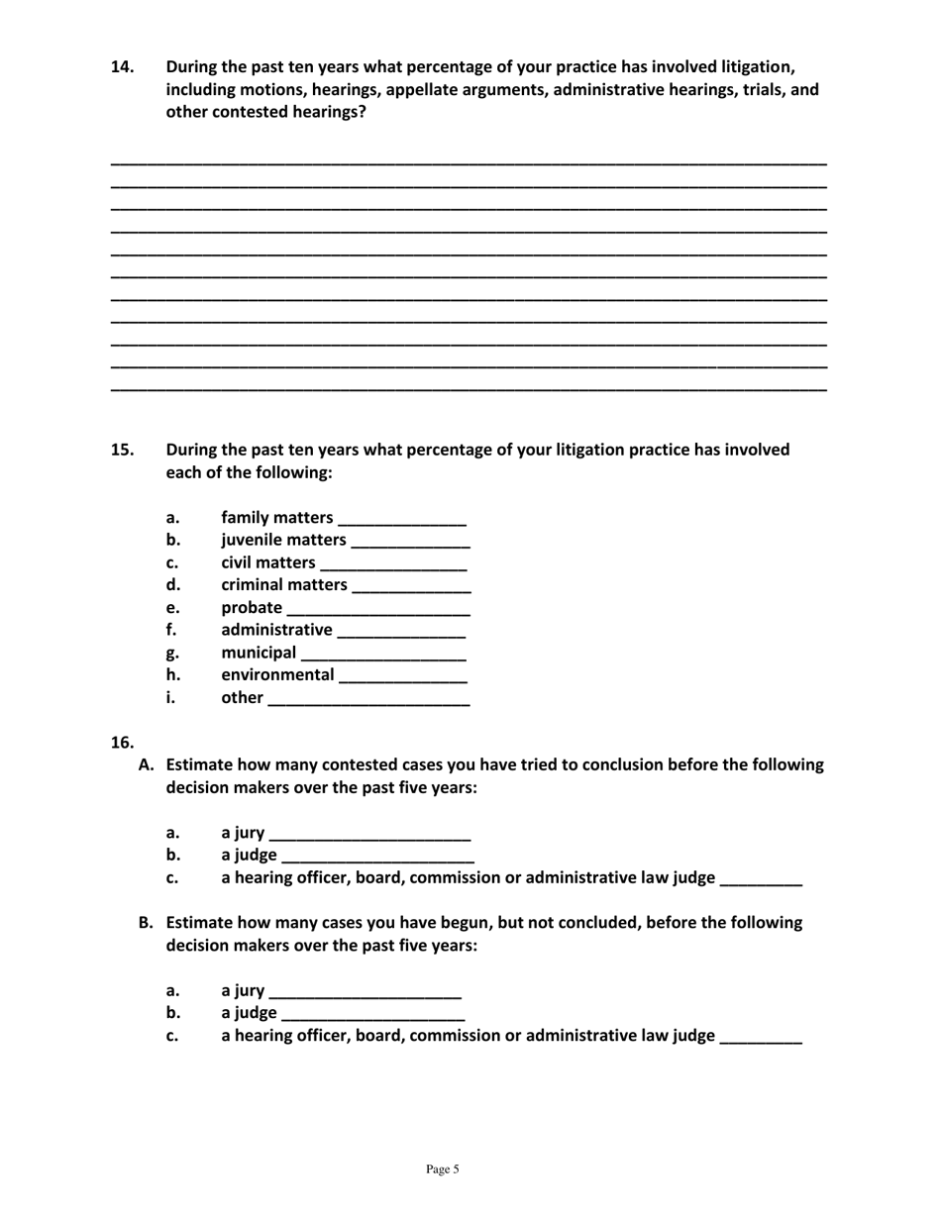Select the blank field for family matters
(x=402, y=519)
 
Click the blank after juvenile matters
(x=411, y=542)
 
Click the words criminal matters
(x=284, y=585)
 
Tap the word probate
(x=252, y=608)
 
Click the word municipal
(x=259, y=653)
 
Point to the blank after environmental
(x=402, y=676)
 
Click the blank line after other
(x=368, y=699)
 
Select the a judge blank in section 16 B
(x=372, y=1014)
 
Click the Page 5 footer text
(x=443, y=1169)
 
